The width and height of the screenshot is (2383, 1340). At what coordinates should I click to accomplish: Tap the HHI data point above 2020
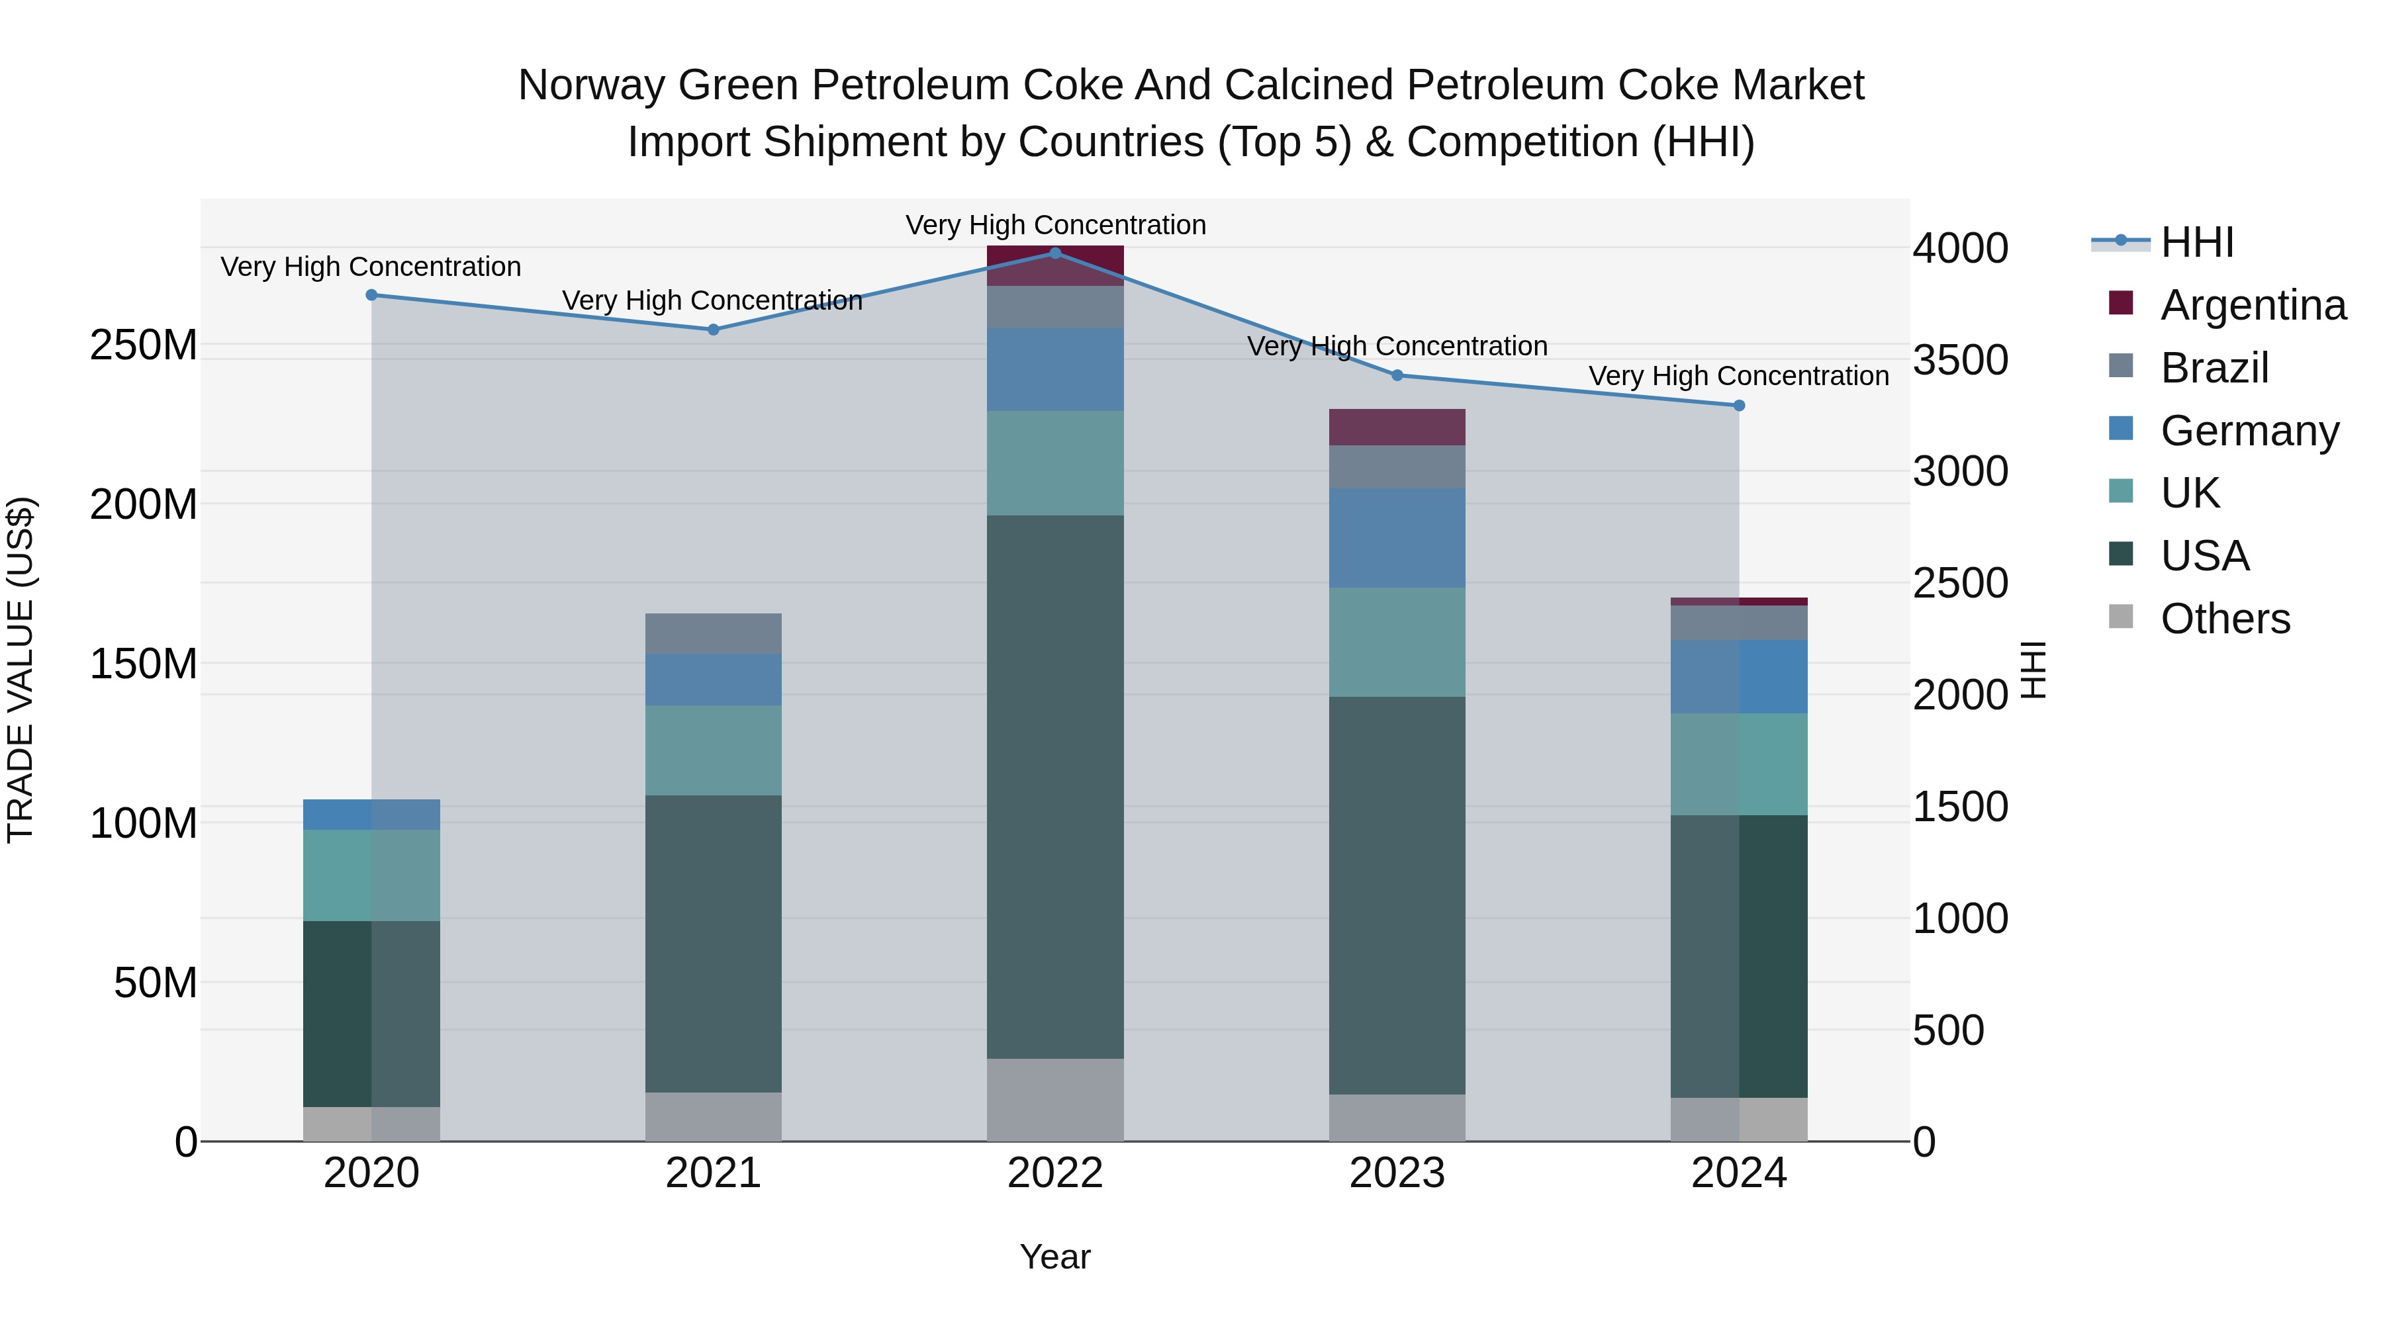(372, 295)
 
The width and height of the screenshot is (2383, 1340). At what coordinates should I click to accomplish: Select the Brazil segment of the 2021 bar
(712, 633)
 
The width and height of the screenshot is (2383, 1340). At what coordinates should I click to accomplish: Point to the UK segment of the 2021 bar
(712, 750)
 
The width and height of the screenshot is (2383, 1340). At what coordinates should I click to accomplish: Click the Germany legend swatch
(2122, 429)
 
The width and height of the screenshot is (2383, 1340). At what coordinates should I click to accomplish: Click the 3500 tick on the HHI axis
(1960, 360)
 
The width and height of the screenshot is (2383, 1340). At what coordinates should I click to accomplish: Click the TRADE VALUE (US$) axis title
(21, 670)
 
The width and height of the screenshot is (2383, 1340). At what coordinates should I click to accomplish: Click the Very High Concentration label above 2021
(712, 300)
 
